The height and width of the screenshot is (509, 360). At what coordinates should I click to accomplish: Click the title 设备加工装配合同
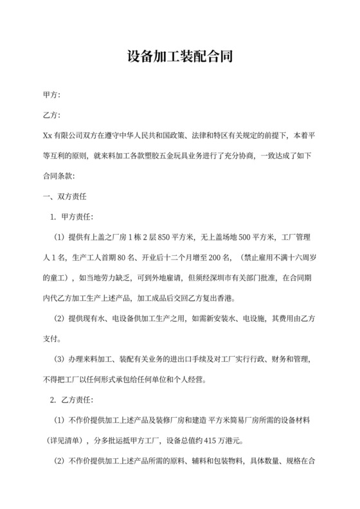point(179,56)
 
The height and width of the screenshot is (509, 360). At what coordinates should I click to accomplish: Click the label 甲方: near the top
point(51,96)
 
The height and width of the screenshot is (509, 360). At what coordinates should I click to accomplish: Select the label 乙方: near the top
point(51,116)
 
